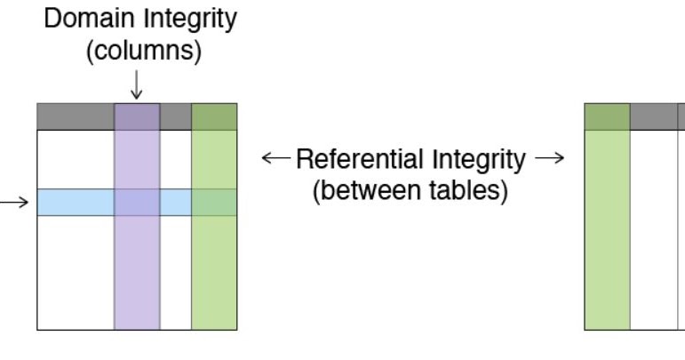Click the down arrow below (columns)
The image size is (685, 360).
pos(136,85)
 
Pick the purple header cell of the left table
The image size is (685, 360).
pos(137,116)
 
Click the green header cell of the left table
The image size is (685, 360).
pos(214,116)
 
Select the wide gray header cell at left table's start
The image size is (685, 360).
pos(76,116)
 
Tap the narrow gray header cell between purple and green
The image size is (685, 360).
pos(176,116)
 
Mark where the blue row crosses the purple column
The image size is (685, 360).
pos(137,203)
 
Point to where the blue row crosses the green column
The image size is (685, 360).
pos(214,203)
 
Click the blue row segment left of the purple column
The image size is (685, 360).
pos(76,203)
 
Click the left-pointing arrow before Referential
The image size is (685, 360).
pos(275,161)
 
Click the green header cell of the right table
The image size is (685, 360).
pos(607,116)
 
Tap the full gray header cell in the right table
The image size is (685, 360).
pos(654,116)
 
